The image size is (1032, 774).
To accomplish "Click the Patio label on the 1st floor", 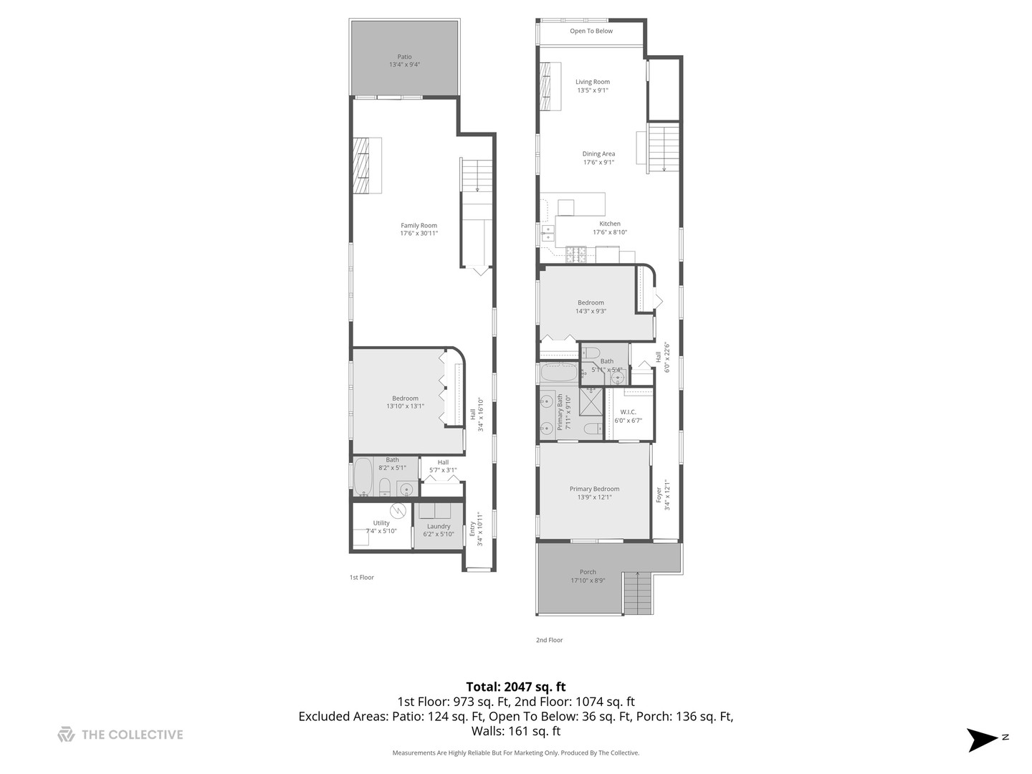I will pyautogui.click(x=404, y=61).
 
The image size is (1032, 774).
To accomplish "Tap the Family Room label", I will pyautogui.click(x=419, y=229).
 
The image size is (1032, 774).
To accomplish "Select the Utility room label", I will pyautogui.click(x=381, y=527).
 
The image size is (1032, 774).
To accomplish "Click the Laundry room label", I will pyautogui.click(x=439, y=530).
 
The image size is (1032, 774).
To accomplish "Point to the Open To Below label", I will pyautogui.click(x=591, y=32).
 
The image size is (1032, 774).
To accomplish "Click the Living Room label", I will pyautogui.click(x=593, y=86).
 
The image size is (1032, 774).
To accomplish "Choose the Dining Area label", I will pyautogui.click(x=598, y=158).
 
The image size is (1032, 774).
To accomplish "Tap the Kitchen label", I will pyautogui.click(x=610, y=227).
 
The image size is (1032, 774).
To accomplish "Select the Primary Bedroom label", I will pyautogui.click(x=594, y=493).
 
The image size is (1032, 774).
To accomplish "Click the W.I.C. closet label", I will pyautogui.click(x=628, y=416).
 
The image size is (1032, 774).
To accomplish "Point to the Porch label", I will pyautogui.click(x=588, y=576).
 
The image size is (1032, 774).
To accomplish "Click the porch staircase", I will pyautogui.click(x=636, y=593).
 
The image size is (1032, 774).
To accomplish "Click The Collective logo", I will pyautogui.click(x=120, y=735).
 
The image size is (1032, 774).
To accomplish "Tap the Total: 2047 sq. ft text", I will pyautogui.click(x=515, y=687).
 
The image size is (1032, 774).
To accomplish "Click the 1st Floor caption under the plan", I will pyautogui.click(x=361, y=578).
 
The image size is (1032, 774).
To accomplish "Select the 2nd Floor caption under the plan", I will pyautogui.click(x=550, y=640).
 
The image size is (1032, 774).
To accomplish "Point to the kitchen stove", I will pyautogui.click(x=577, y=252).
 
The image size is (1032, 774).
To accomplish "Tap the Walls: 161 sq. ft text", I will pyautogui.click(x=515, y=732).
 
